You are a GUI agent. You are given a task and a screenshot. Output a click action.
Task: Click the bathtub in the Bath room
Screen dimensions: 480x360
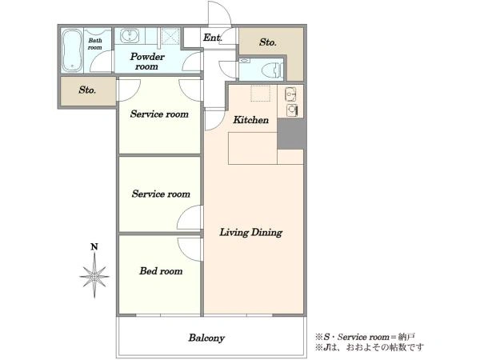pyautogui.click(x=72, y=50)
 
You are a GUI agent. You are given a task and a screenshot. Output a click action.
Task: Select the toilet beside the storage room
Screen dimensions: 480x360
pyautogui.click(x=272, y=70)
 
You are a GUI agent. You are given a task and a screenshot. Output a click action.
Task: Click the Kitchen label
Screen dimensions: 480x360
pyautogui.click(x=251, y=120)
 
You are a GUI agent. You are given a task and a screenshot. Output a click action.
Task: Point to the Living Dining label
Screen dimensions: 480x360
pyautogui.click(x=251, y=232)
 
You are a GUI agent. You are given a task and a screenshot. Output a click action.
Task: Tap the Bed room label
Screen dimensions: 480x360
pyautogui.click(x=161, y=271)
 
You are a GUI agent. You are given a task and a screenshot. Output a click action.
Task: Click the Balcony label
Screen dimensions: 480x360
pyautogui.click(x=206, y=338)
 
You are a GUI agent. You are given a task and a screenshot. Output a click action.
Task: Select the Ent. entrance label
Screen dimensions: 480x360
pyautogui.click(x=213, y=38)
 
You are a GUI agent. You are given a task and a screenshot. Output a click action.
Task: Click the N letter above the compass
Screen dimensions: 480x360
pyautogui.click(x=94, y=246)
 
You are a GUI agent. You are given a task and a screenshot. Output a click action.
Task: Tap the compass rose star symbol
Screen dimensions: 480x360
pyautogui.click(x=94, y=276)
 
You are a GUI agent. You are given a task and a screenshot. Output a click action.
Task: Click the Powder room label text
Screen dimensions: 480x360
pyautogui.click(x=147, y=62)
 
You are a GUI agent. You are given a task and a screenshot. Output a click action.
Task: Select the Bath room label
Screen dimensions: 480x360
pyautogui.click(x=95, y=44)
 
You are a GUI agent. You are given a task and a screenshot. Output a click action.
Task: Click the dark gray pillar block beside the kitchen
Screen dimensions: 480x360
pyautogui.click(x=291, y=134)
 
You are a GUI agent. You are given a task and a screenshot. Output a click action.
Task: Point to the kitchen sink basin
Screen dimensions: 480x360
pyautogui.click(x=290, y=94)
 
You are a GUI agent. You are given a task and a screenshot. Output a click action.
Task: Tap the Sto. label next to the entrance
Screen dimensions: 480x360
pyautogui.click(x=268, y=42)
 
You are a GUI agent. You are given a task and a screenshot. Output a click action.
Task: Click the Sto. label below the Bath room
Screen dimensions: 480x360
pyautogui.click(x=87, y=90)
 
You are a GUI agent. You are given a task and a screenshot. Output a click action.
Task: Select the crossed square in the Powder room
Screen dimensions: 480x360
pyautogui.click(x=170, y=37)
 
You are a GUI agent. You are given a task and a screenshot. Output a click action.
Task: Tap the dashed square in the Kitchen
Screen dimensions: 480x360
pyautogui.click(x=261, y=94)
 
